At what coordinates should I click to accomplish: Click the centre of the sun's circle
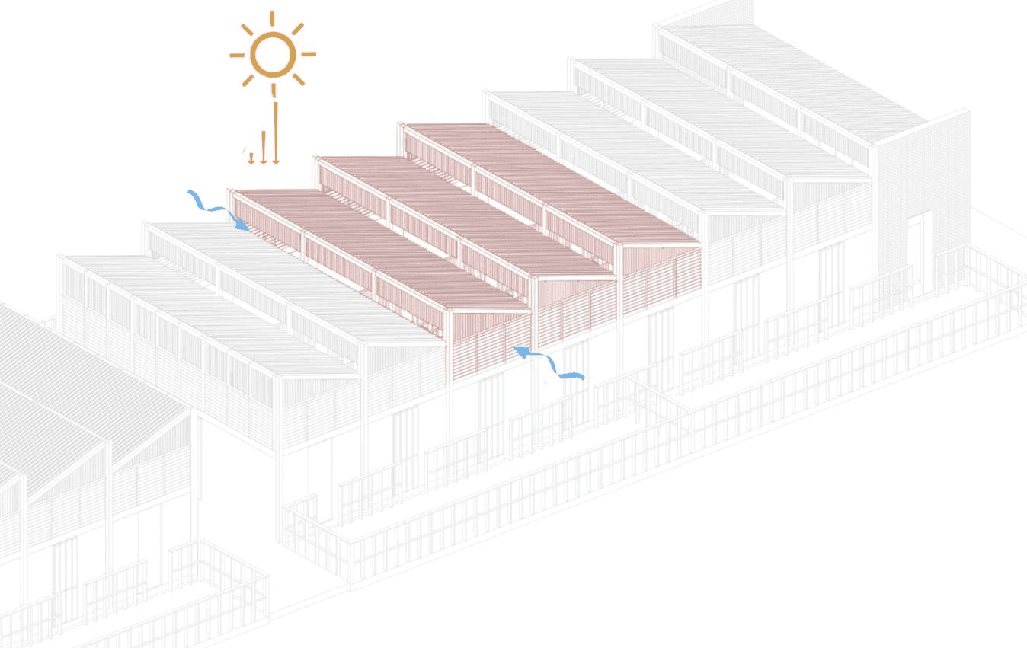[x=273, y=55]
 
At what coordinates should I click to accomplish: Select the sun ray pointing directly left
[x=237, y=55]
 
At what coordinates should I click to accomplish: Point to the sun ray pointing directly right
[x=309, y=54]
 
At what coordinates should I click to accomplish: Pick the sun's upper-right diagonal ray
[x=297, y=29]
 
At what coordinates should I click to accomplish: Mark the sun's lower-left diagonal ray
[x=248, y=79]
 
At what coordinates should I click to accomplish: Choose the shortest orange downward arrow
[x=251, y=158]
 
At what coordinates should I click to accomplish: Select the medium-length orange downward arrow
[x=263, y=147]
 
